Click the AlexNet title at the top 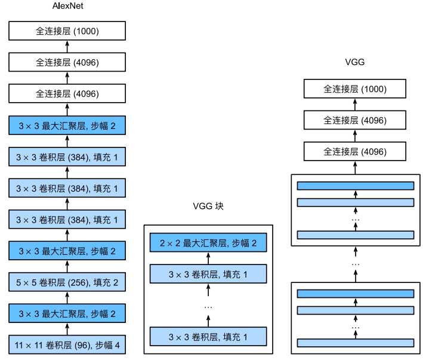(67, 5)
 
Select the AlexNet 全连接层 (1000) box (67, 31)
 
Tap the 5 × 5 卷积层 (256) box (67, 282)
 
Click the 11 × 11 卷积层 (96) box (67, 344)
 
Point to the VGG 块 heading (208, 206)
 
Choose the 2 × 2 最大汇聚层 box (208, 242)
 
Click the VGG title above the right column (355, 62)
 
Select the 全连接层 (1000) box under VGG (355, 88)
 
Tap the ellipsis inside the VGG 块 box (208, 307)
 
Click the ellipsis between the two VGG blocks (356, 264)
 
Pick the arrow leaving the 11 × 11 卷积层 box (67, 329)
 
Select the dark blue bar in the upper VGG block (356, 186)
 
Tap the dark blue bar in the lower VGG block (356, 294)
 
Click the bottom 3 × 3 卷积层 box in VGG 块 (208, 337)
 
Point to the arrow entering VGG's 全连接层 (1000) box (355, 104)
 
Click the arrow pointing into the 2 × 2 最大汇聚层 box (208, 259)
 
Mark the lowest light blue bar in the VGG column (356, 343)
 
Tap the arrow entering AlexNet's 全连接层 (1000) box (67, 47)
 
